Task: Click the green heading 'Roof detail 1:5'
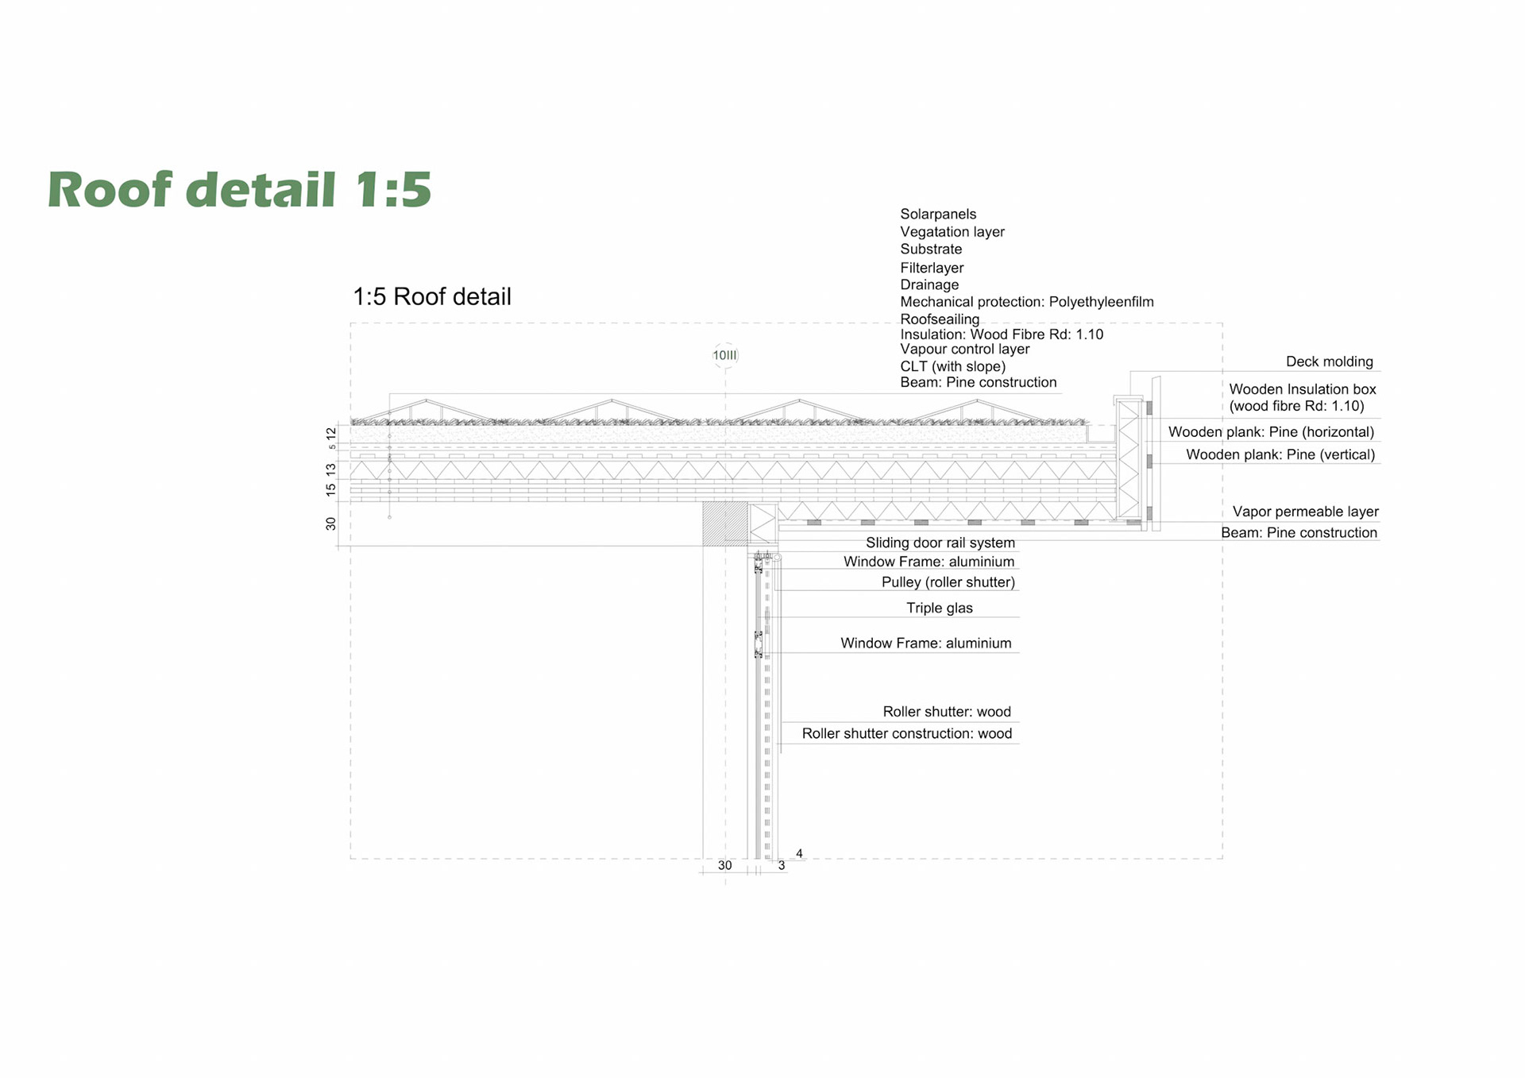(239, 190)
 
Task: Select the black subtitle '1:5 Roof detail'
(431, 297)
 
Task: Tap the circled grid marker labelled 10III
(725, 355)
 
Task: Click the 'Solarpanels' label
(938, 214)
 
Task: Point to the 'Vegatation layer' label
(952, 232)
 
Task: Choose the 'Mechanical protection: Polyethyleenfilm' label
(1026, 302)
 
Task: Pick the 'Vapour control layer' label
(964, 350)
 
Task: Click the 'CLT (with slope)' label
(952, 366)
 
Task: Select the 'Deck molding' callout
(1329, 362)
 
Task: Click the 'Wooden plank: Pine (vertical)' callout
(1280, 455)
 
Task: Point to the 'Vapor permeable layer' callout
(1305, 512)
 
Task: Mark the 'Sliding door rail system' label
(940, 543)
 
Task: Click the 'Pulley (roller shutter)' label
(948, 582)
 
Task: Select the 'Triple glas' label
(939, 609)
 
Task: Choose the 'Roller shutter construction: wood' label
(906, 734)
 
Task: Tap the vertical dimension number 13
(331, 470)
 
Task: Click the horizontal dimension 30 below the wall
(724, 865)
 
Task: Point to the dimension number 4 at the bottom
(799, 854)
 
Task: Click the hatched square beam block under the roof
(724, 524)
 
